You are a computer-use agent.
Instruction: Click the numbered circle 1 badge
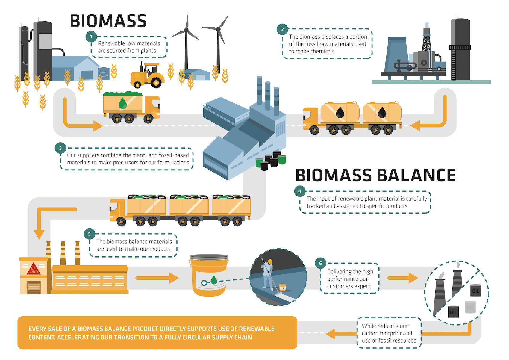click(x=91, y=37)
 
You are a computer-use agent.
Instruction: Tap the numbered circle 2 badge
click(x=282, y=29)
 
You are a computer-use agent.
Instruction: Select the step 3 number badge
click(x=60, y=148)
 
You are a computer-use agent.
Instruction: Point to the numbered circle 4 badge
click(x=300, y=191)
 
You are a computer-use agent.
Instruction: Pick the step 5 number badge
click(x=90, y=234)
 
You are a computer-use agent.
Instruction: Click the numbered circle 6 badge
click(x=321, y=263)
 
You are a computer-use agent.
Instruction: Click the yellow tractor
click(x=147, y=75)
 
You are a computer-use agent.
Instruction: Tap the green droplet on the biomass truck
click(x=123, y=103)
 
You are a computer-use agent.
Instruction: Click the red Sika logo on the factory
click(x=34, y=269)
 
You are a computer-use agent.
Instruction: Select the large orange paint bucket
click(x=209, y=275)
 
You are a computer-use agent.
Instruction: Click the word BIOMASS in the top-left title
click(x=108, y=21)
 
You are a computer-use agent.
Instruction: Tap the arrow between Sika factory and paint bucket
click(x=157, y=278)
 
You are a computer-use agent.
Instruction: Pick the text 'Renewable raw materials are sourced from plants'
click(x=129, y=47)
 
